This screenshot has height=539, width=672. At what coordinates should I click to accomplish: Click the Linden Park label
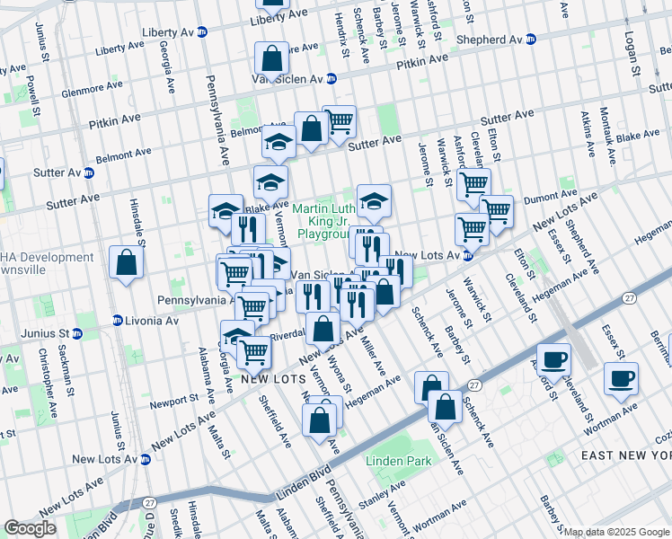point(398,461)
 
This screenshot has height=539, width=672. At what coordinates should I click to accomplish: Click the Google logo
point(30,527)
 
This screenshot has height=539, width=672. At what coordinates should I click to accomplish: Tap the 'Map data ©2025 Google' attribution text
point(616,532)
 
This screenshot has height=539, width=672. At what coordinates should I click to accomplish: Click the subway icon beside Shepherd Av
point(531,40)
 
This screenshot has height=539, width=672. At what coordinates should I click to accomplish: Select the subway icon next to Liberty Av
point(202,31)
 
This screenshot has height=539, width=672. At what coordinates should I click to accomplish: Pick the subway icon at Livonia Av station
point(117,320)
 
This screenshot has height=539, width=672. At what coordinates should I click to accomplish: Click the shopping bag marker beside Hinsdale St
point(127,263)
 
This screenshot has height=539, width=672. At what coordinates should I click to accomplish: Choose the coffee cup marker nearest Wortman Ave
point(620,378)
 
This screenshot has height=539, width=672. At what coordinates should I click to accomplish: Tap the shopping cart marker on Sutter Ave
point(339,120)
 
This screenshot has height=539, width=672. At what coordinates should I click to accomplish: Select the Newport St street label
point(173,400)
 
